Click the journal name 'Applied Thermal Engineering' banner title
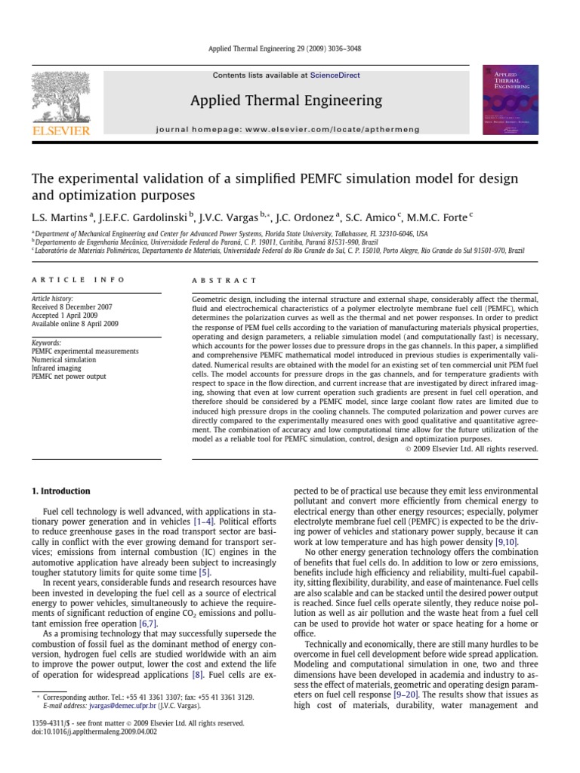[x=286, y=100]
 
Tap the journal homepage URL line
[x=286, y=130]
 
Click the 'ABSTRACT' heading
[x=225, y=279]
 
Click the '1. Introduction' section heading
[x=61, y=491]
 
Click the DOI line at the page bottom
[x=91, y=732]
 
